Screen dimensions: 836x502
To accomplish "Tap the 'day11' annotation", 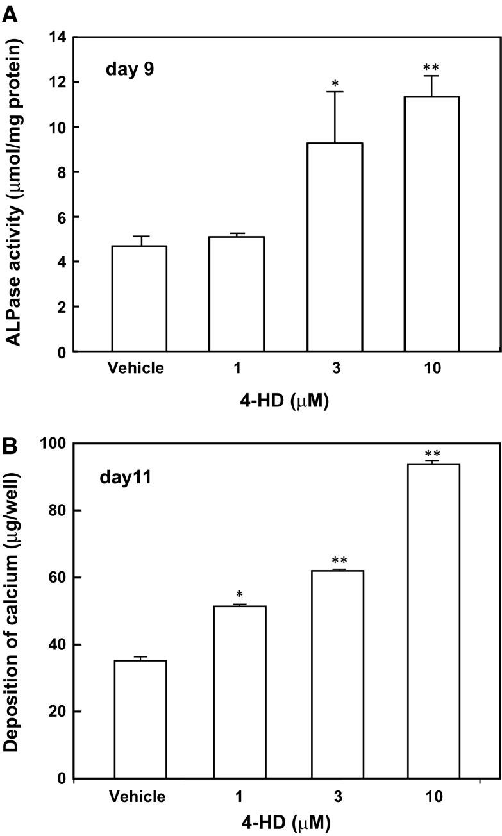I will pos(127,478).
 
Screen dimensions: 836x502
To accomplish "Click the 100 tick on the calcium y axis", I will pos(54,444).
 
